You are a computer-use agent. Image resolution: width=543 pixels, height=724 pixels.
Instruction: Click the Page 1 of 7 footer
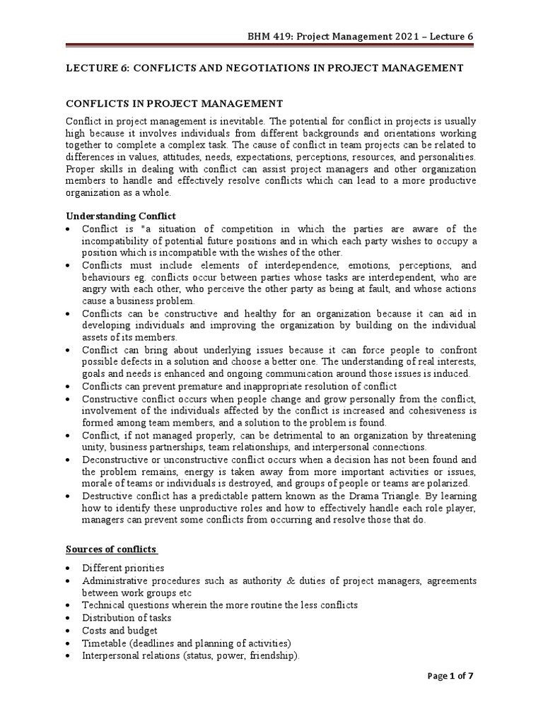tap(451, 696)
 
